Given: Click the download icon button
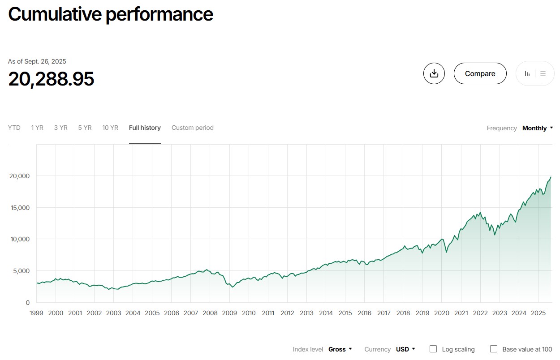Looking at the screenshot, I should [434, 73].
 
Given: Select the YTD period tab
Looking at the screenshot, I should [14, 128].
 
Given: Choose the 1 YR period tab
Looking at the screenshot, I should [37, 128].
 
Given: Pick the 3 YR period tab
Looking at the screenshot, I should [60, 128].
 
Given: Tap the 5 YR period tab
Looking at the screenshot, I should [85, 128].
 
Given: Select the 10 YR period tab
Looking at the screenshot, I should [110, 128].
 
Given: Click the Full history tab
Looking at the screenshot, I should [145, 128].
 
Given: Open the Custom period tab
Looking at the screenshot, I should [193, 128].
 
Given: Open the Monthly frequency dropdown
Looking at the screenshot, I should [537, 128].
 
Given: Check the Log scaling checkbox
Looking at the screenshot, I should [433, 349].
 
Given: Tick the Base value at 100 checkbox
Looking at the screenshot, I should [494, 349].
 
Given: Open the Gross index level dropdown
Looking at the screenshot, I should [340, 349].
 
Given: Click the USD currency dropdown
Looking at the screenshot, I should [405, 349].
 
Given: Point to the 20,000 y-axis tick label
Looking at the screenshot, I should [19, 176].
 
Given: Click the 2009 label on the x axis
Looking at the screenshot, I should [229, 313].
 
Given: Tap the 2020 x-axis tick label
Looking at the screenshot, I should [442, 313].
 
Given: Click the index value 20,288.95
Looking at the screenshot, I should [51, 79].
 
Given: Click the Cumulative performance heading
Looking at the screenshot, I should [111, 14].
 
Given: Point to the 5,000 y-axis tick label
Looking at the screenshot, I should [21, 271].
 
